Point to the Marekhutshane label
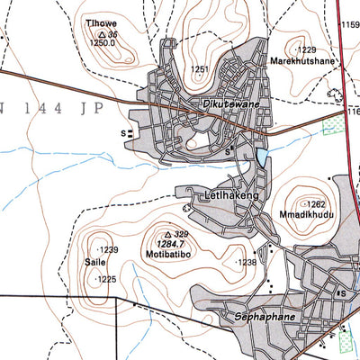pyautogui.click(x=299, y=61)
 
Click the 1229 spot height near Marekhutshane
pyautogui.click(x=306, y=49)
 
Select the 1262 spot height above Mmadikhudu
pyautogui.click(x=311, y=204)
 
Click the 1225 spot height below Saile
pyautogui.click(x=106, y=280)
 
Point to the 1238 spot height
pyautogui.click(x=246, y=262)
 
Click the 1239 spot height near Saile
pyautogui.click(x=107, y=249)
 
